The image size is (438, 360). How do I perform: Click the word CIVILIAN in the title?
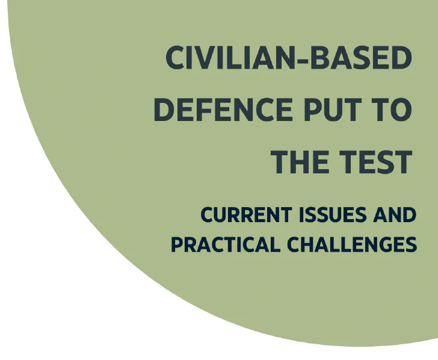[x=231, y=58]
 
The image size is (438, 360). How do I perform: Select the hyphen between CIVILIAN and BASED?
[x=303, y=60]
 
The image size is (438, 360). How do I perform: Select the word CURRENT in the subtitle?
[x=247, y=215]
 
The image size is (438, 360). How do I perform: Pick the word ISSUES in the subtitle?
[x=333, y=215]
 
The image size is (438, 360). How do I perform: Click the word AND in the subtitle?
[x=395, y=215]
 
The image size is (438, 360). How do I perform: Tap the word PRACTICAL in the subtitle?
[x=226, y=244]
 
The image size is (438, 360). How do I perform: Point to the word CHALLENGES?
[x=352, y=244]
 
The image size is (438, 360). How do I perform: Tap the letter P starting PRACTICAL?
[x=176, y=244]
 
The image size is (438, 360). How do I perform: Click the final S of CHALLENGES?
[x=411, y=244]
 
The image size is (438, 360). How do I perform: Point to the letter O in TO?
[x=401, y=110]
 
